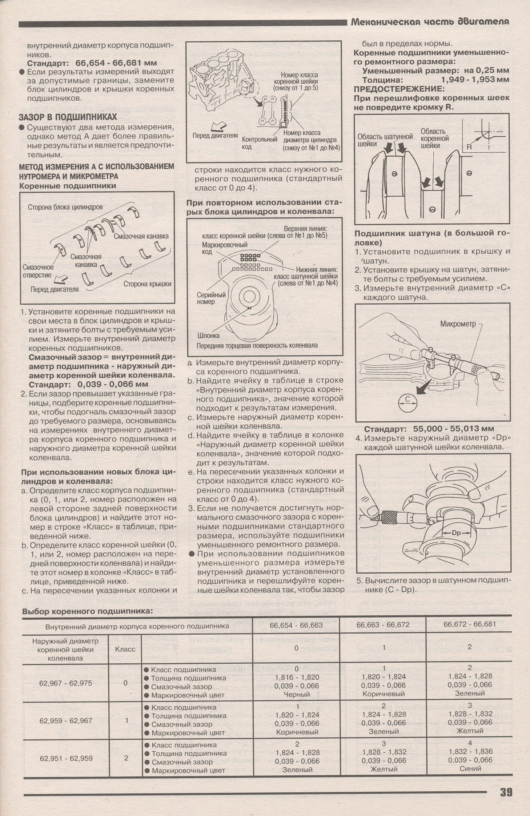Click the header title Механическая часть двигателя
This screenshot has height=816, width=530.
430,22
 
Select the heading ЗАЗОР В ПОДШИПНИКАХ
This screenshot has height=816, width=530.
68,117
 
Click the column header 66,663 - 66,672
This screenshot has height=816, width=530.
383,625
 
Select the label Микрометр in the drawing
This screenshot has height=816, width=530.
458,324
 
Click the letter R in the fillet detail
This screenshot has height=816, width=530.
469,147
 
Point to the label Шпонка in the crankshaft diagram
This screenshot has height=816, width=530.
208,335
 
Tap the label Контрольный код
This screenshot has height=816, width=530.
259,143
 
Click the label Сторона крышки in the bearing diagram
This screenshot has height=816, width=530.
147,284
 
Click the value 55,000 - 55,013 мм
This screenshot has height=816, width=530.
454,429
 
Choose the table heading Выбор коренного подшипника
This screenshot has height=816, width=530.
87,611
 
